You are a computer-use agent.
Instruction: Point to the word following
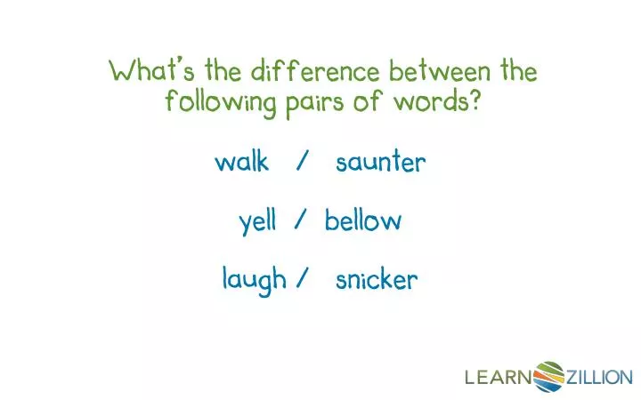pos(220,102)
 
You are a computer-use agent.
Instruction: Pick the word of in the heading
pos(378,101)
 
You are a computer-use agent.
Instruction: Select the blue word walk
pos(241,163)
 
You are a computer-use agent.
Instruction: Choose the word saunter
pos(381,163)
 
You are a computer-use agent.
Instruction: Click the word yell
pos(257,221)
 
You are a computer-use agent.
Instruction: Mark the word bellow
pos(362,221)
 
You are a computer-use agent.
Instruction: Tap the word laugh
pos(255,281)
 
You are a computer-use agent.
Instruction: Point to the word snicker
pos(377,281)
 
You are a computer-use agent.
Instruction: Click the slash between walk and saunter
pos(303,163)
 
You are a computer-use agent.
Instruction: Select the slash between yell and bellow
pos(301,221)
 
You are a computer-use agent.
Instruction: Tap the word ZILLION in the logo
pos(598,378)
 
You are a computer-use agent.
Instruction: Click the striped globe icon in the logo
pos(548,376)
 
